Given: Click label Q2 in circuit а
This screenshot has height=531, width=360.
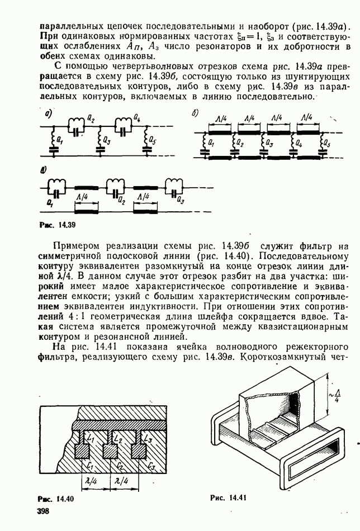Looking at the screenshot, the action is tap(91, 118).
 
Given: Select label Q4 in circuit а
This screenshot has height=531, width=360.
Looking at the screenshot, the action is tap(137, 118).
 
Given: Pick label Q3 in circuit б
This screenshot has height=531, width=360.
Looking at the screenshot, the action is tap(269, 144).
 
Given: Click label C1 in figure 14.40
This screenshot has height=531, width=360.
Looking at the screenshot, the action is tap(90, 467).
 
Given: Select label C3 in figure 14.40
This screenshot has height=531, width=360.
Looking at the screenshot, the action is tap(151, 467).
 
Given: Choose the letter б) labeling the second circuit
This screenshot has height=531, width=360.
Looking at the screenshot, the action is tap(196, 113).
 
